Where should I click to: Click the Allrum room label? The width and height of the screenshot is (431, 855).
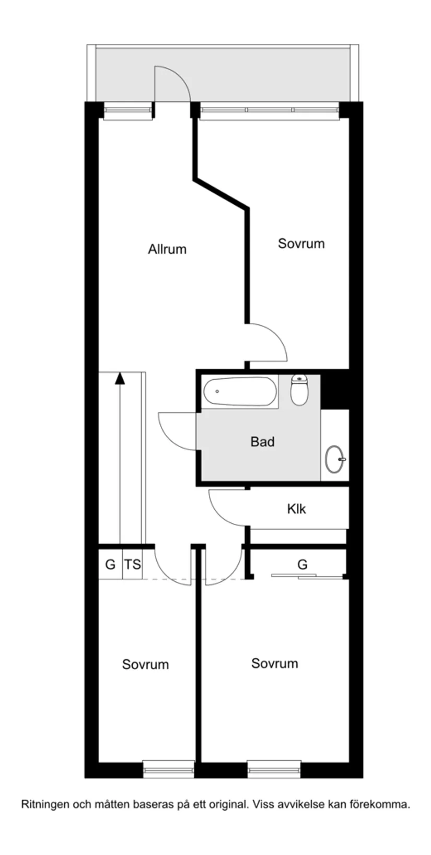pos(167,249)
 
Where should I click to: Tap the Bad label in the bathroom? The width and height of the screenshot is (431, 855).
pos(262,442)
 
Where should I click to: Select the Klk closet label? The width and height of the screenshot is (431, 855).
pos(296,509)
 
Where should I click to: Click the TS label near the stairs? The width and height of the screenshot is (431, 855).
pos(133,564)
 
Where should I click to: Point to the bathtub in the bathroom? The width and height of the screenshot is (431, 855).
pos(239,392)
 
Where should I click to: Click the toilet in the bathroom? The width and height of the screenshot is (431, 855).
pos(299,390)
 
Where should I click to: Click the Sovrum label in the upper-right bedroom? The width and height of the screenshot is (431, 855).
pos(301,243)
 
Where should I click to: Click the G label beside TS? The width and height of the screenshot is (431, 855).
pos(110,564)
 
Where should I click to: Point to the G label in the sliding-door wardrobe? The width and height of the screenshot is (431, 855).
pos(302,564)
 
